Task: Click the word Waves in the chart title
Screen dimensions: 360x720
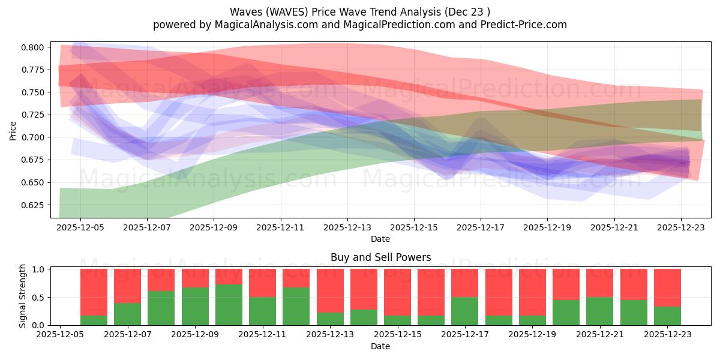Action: point(244,12)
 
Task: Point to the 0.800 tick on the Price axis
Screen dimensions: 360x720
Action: point(33,47)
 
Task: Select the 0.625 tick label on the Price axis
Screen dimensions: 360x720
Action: point(33,205)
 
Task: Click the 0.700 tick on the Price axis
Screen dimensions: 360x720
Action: point(33,137)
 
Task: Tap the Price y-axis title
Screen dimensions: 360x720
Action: point(13,130)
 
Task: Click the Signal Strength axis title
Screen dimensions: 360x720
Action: point(23,296)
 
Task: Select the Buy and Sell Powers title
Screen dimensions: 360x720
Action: point(380,257)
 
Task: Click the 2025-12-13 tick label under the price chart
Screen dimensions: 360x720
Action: point(347,229)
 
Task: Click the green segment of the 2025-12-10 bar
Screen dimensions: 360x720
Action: point(229,305)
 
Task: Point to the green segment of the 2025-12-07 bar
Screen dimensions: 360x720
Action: point(127,314)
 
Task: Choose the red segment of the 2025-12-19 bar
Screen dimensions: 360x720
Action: point(532,292)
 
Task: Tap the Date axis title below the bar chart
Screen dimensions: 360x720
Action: point(380,346)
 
